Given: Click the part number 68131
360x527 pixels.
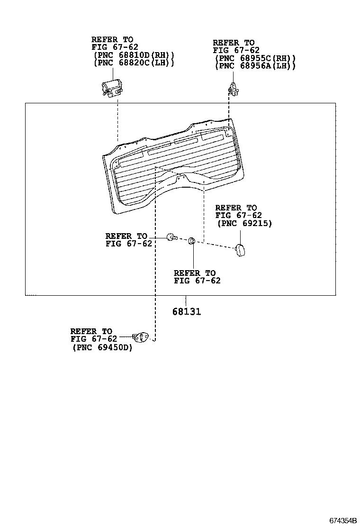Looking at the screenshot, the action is coord(187,312).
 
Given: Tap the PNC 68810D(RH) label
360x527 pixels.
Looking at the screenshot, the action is coord(134,55).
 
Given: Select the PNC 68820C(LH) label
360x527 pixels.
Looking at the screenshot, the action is coord(134,63).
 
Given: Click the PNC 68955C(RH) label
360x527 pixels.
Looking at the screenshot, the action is coord(255,58).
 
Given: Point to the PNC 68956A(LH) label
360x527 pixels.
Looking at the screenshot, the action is coord(255,66).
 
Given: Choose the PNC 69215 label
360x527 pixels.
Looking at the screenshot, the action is coord(244,223).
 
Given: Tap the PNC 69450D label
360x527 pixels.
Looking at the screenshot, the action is coord(102,347).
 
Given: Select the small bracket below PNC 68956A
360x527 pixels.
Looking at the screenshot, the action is coord(233,89).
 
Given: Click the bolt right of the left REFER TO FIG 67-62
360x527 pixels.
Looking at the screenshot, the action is coord(171,237).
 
